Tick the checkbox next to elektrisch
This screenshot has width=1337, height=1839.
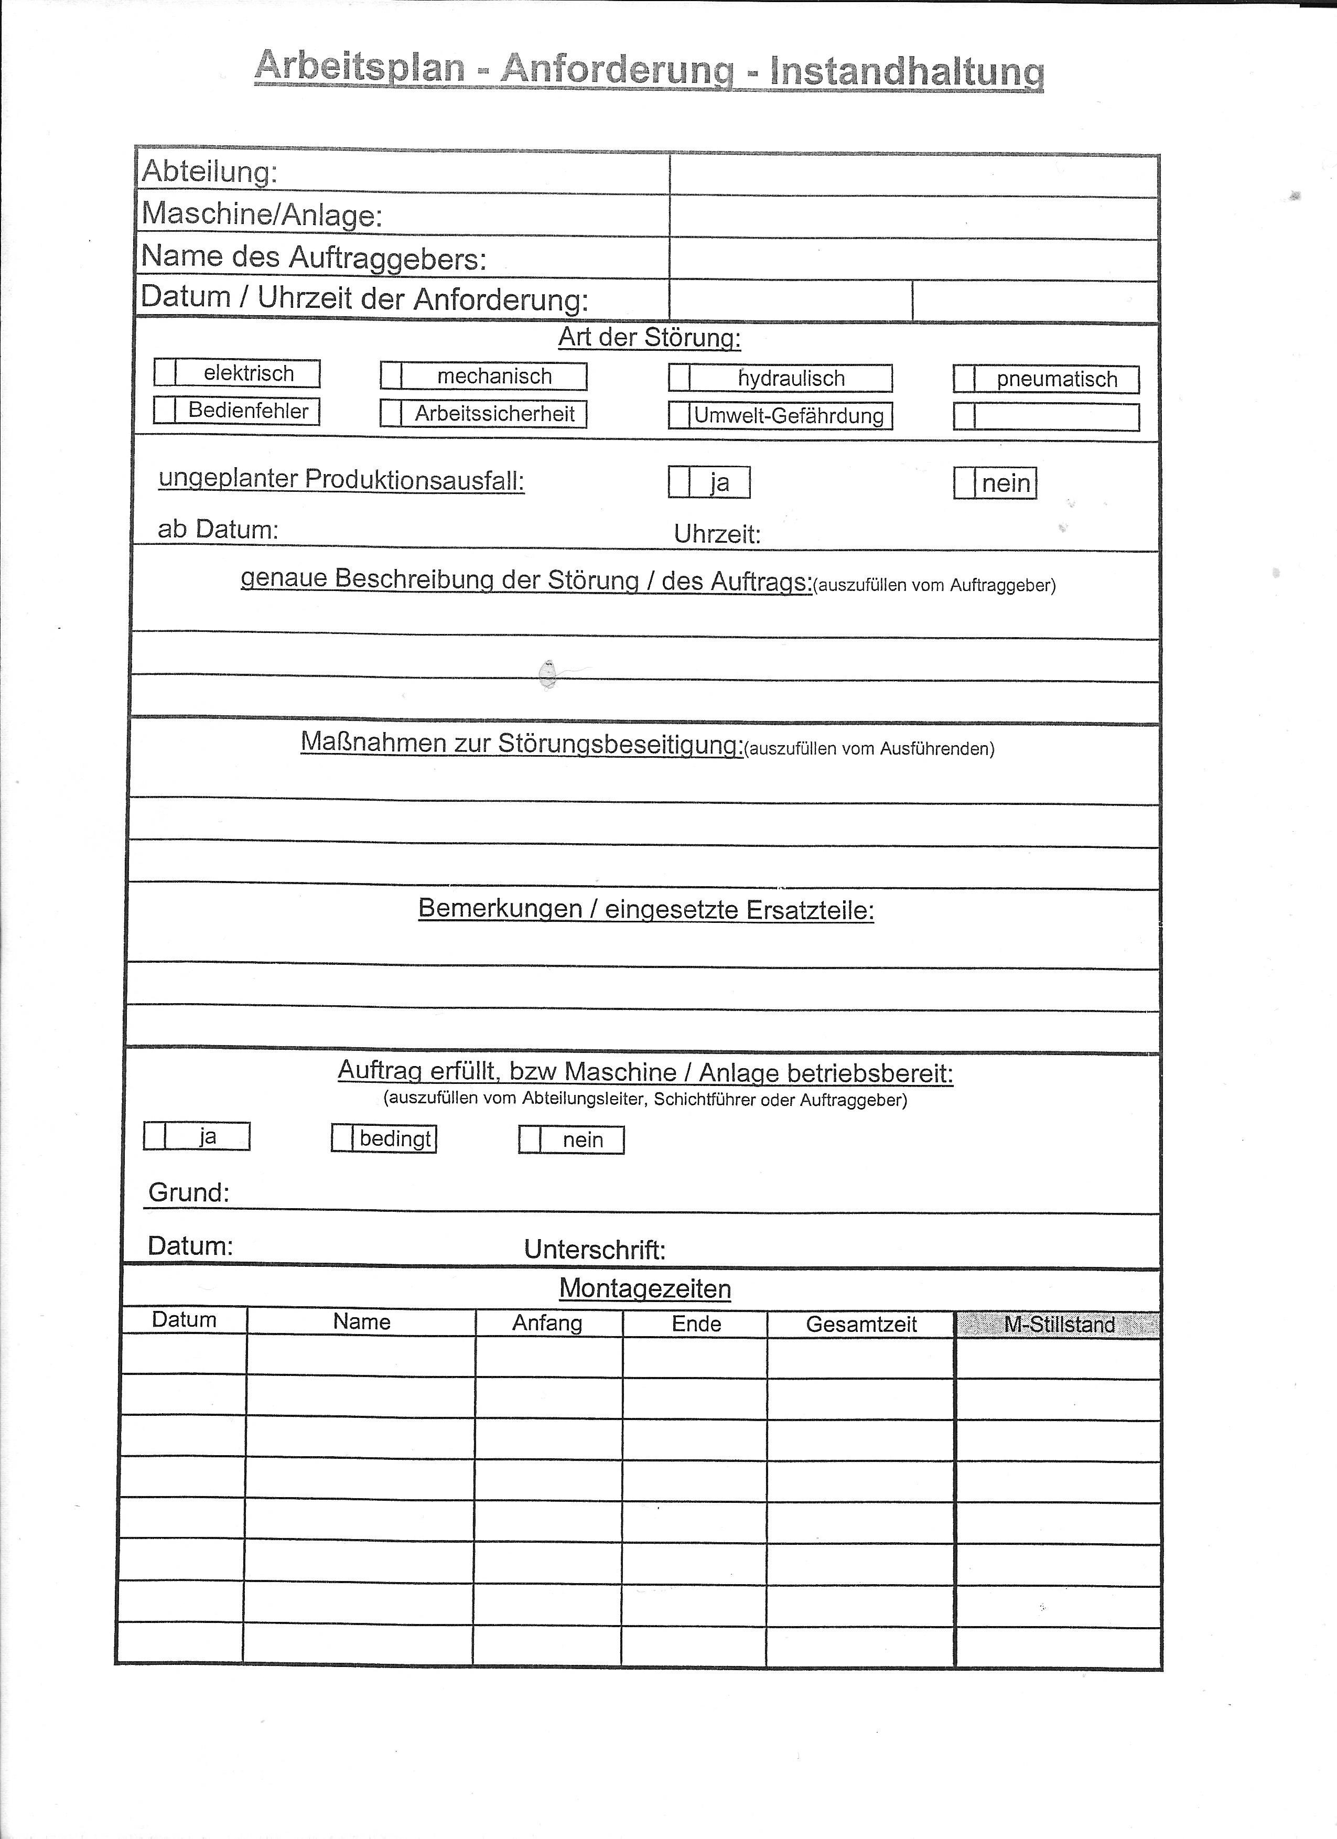click(165, 373)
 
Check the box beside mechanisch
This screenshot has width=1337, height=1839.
click(392, 376)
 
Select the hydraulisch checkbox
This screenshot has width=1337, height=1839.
click(680, 378)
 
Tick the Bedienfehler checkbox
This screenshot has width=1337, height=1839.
click(165, 410)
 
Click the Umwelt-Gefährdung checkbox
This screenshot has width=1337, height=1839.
click(680, 416)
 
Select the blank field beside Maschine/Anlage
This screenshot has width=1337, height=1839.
click(914, 217)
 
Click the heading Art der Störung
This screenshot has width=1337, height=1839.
click(650, 337)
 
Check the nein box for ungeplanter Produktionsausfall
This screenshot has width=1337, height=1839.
click(964, 483)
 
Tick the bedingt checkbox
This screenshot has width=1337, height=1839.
click(342, 1138)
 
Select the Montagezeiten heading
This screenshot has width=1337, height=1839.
click(644, 1288)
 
